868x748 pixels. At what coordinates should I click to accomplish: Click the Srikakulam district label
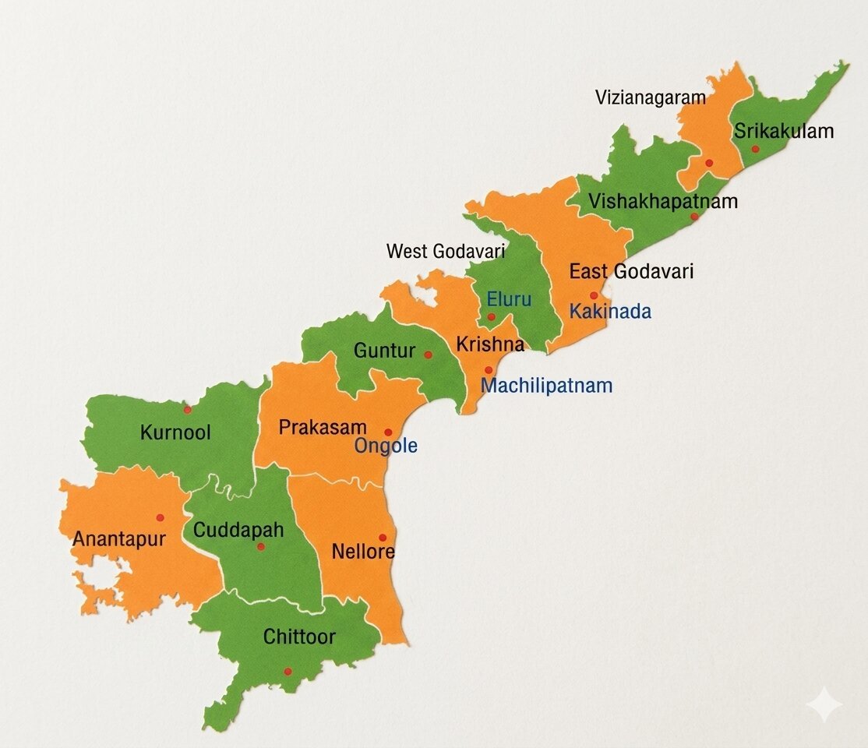[x=784, y=131]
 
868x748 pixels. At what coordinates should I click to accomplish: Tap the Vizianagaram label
[x=651, y=97]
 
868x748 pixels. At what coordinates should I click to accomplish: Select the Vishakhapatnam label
[x=663, y=202]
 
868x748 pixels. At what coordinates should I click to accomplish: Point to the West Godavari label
[x=446, y=252]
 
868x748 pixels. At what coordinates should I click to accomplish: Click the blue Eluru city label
[x=509, y=299]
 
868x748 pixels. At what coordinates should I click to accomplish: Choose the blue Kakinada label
[x=610, y=312]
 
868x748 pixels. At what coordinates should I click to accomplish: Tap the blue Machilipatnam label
[x=546, y=386]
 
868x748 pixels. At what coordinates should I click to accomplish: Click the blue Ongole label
[x=386, y=446]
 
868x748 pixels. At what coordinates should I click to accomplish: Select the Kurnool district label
[x=175, y=432]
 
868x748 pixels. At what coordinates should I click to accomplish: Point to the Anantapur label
[x=119, y=539]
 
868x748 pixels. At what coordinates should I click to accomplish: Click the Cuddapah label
[x=238, y=531]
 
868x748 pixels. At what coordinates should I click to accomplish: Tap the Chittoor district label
[x=299, y=637]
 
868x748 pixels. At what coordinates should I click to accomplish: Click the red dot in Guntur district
[x=428, y=355]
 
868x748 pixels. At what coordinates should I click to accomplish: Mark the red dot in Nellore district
[x=383, y=538]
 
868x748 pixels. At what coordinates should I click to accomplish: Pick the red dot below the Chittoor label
[x=288, y=672]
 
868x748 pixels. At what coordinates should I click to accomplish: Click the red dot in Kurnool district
[x=187, y=409]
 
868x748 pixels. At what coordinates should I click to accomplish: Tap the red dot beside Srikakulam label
[x=755, y=149]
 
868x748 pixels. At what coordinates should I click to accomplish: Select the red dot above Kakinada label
[x=594, y=295]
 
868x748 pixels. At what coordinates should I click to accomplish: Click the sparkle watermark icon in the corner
[x=824, y=705]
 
